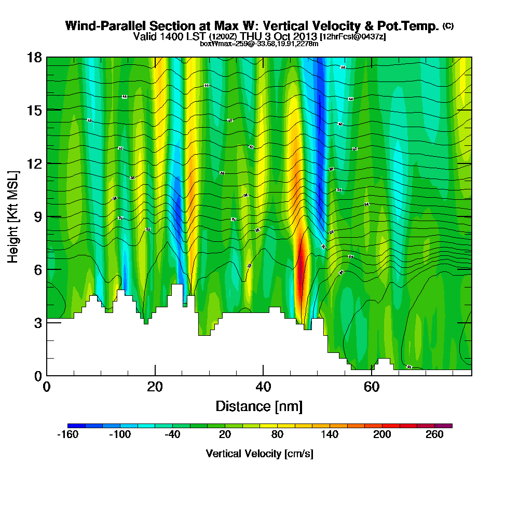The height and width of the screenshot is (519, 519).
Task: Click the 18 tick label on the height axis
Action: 34,57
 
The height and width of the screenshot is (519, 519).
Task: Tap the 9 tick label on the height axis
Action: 37,216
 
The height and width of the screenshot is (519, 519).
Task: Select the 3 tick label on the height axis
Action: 37,322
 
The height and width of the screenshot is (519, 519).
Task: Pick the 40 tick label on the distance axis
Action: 263,387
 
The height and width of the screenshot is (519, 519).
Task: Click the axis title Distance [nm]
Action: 259,406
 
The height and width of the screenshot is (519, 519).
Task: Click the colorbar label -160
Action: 67,435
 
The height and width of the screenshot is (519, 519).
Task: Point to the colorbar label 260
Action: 434,435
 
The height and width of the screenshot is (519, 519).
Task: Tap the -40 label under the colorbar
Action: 172,435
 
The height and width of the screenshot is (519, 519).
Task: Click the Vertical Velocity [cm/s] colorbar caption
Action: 259,454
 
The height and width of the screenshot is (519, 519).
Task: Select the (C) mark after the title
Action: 448,26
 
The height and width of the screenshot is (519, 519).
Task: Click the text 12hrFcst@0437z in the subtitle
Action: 353,37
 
